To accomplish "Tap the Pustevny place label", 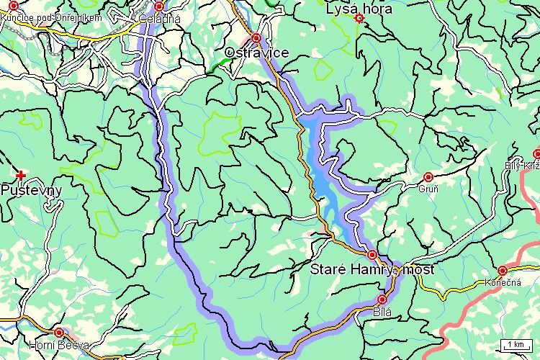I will [x=31, y=191].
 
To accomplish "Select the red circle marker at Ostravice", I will [x=256, y=37].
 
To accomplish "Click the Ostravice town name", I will [x=257, y=53].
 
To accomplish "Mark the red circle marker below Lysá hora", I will [x=359, y=19].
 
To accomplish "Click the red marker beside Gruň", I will [x=428, y=176].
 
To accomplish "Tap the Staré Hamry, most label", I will [x=374, y=271].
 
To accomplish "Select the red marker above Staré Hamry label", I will [x=372, y=255].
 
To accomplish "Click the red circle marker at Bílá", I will [x=382, y=300].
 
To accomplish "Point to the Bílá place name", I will [x=382, y=312].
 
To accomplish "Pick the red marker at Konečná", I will [x=502, y=270].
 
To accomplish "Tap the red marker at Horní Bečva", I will [x=59, y=332].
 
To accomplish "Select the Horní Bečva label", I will [x=59, y=345].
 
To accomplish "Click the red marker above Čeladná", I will [x=159, y=6].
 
